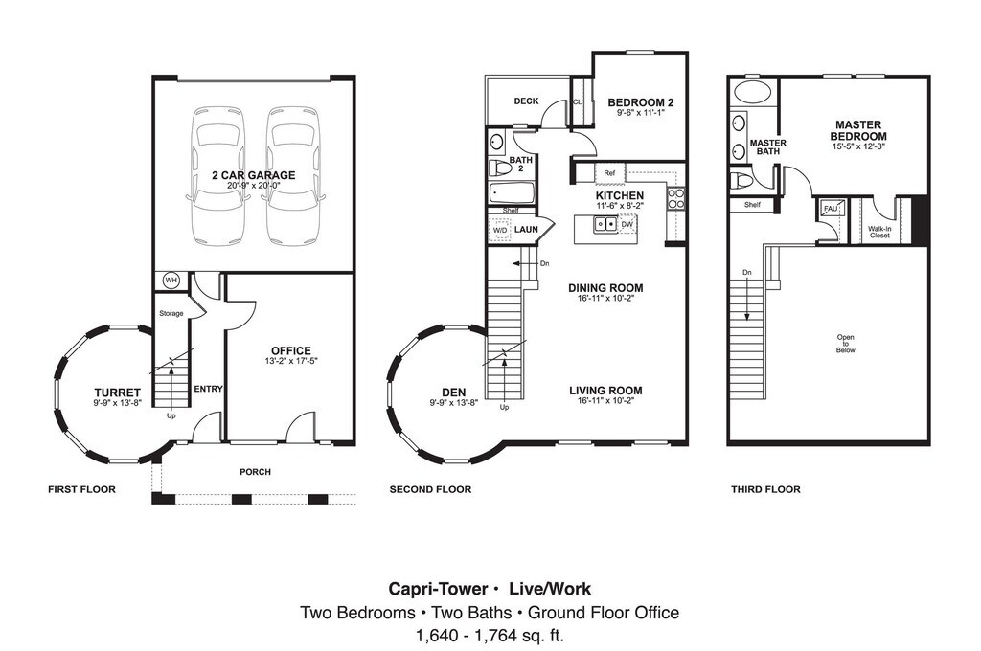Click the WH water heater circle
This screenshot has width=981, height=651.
tap(171, 281)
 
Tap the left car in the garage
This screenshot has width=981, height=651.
tap(218, 176)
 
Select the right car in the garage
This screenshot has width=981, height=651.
tap(294, 176)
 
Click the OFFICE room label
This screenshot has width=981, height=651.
tap(291, 350)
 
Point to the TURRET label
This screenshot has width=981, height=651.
tap(118, 393)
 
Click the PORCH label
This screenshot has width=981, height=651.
tap(255, 472)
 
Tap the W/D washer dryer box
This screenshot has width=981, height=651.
tap(500, 230)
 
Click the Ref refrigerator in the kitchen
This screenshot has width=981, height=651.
tap(609, 173)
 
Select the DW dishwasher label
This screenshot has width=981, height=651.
tap(627, 224)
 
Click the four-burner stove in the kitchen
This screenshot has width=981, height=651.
tap(675, 199)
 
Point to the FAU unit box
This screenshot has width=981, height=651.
tap(831, 209)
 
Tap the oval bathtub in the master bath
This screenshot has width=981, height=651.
tap(753, 93)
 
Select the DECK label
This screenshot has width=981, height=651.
tap(526, 101)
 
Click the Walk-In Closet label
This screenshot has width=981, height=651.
tap(879, 232)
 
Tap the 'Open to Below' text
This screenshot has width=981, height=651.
tap(845, 344)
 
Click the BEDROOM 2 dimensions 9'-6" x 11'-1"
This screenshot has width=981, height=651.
tap(641, 113)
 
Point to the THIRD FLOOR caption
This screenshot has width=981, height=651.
tap(765, 489)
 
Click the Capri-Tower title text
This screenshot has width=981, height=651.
tap(438, 589)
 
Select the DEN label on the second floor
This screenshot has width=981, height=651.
tap(453, 393)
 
